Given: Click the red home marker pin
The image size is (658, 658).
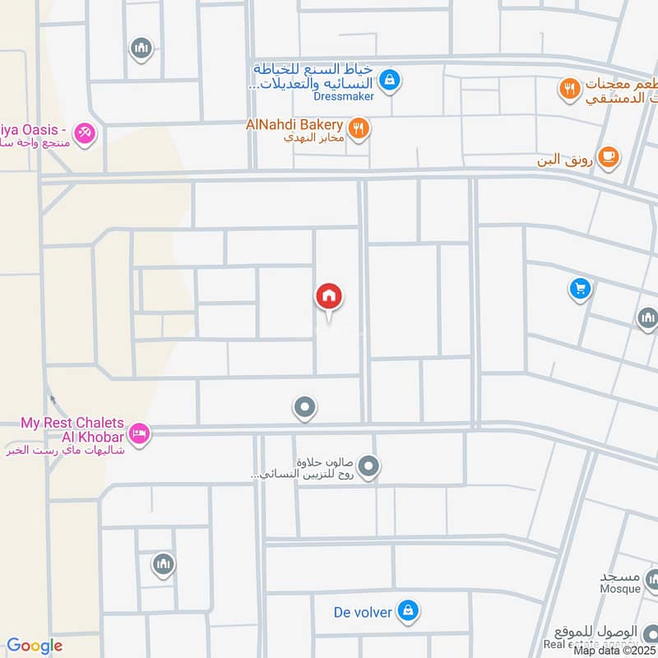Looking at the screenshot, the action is click(x=329, y=297).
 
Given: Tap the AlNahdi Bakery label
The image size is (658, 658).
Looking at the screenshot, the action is click(x=294, y=124).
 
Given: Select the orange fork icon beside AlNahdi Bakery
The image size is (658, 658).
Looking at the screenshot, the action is click(x=358, y=127).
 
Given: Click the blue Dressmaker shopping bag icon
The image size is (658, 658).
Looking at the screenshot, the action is click(x=392, y=80).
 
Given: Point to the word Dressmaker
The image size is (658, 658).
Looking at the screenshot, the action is click(x=343, y=96).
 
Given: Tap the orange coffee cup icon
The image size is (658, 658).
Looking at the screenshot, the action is click(x=608, y=156).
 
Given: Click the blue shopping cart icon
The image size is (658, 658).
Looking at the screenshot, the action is click(x=581, y=288).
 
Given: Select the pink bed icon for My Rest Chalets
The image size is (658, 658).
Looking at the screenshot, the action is click(x=139, y=433).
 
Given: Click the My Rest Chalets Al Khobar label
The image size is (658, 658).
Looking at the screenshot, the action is click(x=72, y=429).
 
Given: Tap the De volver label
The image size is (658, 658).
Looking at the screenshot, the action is click(x=362, y=611).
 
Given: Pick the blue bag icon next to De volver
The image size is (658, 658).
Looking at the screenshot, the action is click(x=407, y=610).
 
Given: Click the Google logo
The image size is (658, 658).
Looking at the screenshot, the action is click(x=35, y=646).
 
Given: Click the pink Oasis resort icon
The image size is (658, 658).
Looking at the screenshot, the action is click(x=85, y=132).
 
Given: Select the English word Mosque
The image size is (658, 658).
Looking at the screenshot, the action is click(x=620, y=589).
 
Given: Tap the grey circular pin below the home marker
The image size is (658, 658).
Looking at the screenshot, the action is click(x=305, y=406).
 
